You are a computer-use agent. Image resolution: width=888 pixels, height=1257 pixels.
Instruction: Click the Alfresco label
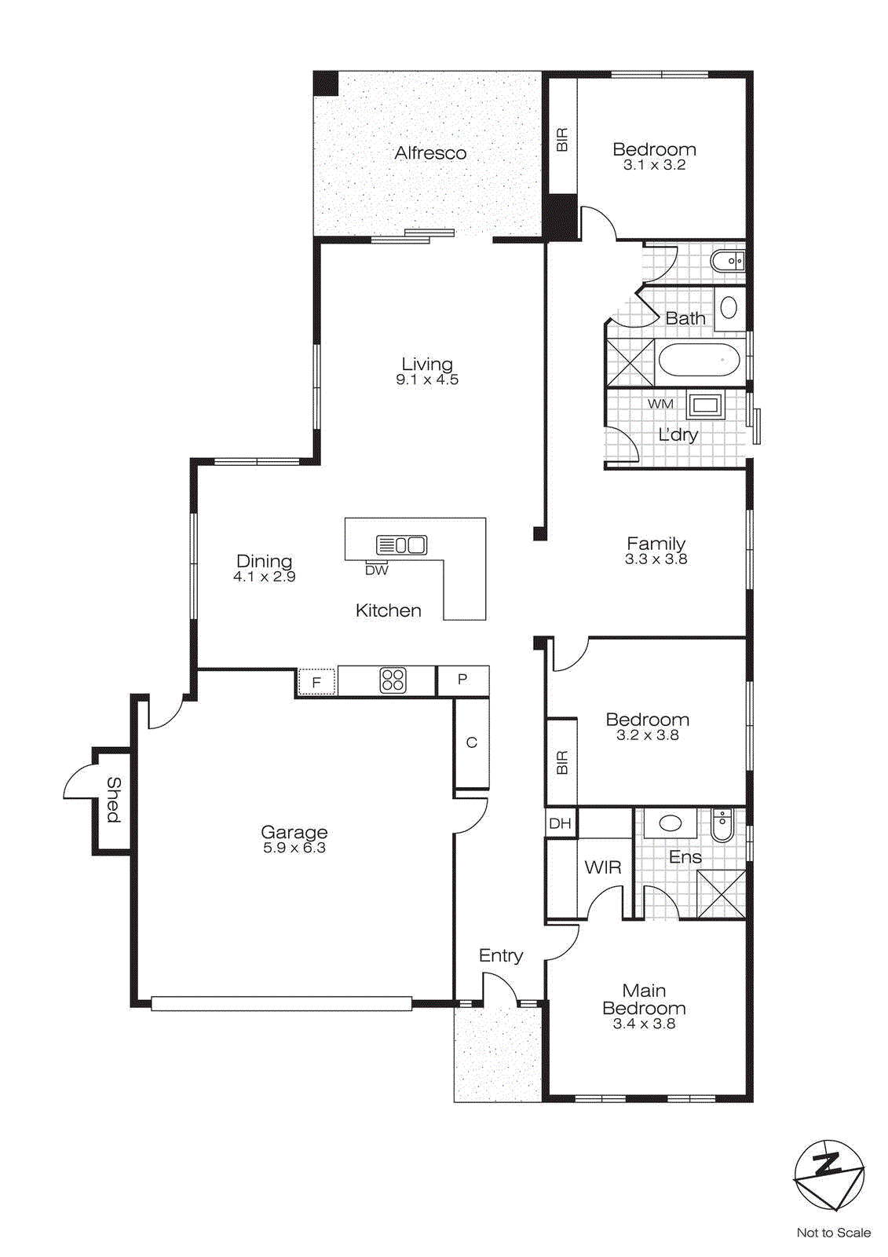430,153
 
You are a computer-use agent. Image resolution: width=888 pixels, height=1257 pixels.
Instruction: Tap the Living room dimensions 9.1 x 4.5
427,380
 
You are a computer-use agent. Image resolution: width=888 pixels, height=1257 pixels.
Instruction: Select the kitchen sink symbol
401,544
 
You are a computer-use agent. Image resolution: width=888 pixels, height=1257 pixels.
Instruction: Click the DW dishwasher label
377,570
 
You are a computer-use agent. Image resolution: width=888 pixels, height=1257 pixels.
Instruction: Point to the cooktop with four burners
393,680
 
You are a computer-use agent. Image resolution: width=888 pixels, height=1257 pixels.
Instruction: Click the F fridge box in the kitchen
316,682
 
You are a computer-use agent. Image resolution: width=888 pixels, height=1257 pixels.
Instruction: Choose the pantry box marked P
462,680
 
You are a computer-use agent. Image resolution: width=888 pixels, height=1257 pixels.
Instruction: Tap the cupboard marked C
471,742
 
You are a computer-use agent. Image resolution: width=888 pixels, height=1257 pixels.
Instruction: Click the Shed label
114,800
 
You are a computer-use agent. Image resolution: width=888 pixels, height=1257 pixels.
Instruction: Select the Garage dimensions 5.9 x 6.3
294,848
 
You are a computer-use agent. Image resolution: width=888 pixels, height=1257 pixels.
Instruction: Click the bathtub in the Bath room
699,361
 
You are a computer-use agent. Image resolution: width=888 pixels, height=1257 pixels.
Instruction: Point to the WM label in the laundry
660,404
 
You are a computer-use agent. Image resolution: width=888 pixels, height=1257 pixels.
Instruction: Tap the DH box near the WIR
560,823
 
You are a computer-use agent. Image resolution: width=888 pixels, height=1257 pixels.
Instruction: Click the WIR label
603,867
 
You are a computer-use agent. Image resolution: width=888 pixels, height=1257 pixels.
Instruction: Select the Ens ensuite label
685,857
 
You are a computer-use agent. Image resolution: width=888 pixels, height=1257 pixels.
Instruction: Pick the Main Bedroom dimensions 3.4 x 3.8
644,1024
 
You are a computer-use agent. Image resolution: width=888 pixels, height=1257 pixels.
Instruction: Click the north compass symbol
828,1175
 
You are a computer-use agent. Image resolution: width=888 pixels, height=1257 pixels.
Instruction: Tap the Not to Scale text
833,1233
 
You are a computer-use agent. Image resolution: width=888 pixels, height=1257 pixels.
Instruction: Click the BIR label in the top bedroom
561,140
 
